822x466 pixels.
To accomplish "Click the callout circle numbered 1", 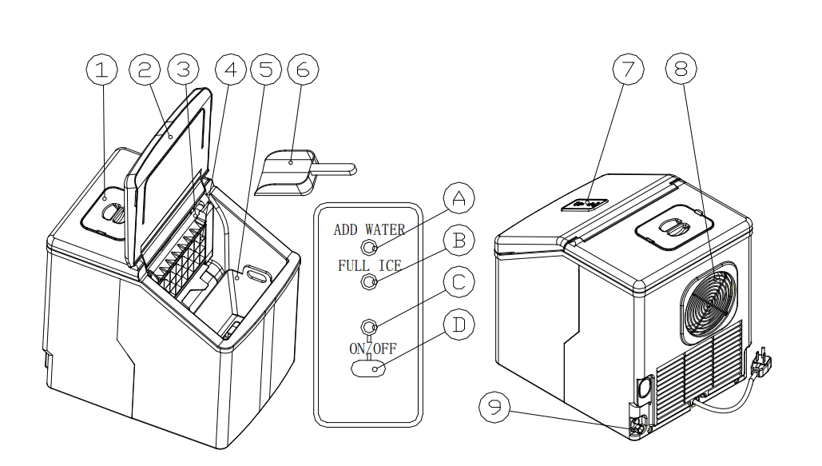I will (x=101, y=70).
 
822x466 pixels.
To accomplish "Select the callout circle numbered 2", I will (x=144, y=70).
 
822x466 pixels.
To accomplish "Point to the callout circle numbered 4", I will (x=231, y=70).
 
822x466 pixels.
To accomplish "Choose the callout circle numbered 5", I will (x=266, y=70).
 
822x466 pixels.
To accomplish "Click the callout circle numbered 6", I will (x=302, y=70).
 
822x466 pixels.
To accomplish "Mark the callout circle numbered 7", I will (x=628, y=70).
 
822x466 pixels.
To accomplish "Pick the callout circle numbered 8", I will (x=681, y=70).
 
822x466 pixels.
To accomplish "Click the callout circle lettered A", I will (x=459, y=197).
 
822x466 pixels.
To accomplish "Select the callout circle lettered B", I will (x=459, y=240).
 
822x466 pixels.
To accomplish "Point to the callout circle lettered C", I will (x=459, y=282).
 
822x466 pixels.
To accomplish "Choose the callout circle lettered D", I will (x=459, y=325).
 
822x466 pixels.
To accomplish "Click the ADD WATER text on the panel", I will (x=369, y=230).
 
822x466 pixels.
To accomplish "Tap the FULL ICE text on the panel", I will (x=369, y=265).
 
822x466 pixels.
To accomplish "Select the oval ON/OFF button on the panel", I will (x=368, y=368).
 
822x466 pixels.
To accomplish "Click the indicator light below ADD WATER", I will (x=369, y=245).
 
